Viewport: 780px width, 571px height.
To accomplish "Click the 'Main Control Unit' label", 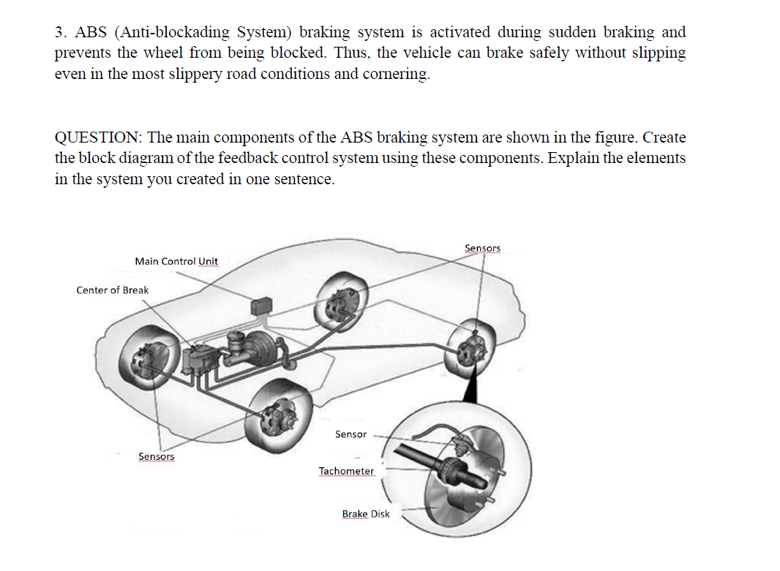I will [x=176, y=261].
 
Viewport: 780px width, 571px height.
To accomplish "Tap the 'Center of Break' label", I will [x=112, y=290].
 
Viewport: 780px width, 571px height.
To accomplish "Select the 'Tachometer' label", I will [x=346, y=471].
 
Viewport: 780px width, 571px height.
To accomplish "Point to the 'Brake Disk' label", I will [x=366, y=514].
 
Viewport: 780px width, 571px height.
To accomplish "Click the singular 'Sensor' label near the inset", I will [x=350, y=434].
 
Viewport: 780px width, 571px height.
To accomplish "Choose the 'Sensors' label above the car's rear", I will [x=482, y=249].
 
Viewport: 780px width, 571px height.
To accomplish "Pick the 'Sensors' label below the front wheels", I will [x=157, y=456].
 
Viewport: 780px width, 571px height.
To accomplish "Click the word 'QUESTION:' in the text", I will [x=99, y=137].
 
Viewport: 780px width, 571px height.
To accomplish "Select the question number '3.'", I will [x=61, y=32].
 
